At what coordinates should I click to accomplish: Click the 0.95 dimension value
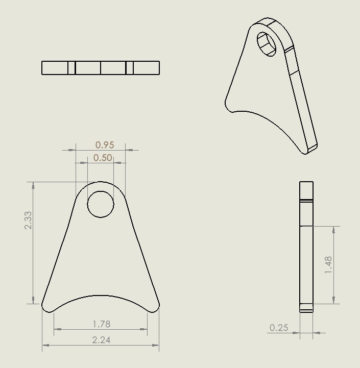tap(105, 145)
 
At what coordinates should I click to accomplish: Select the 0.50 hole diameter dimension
tap(103, 158)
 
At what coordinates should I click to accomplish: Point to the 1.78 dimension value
tap(101, 324)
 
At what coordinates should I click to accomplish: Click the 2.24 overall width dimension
tap(101, 340)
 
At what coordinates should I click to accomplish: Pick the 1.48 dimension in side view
tap(328, 265)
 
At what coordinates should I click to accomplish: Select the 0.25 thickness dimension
tap(279, 328)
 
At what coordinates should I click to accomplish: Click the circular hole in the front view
tap(101, 205)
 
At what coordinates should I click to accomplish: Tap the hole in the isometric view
tap(266, 44)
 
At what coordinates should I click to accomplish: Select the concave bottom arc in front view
tap(101, 296)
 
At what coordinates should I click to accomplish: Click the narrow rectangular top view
tap(101, 68)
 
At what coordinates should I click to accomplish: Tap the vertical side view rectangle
tap(306, 246)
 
